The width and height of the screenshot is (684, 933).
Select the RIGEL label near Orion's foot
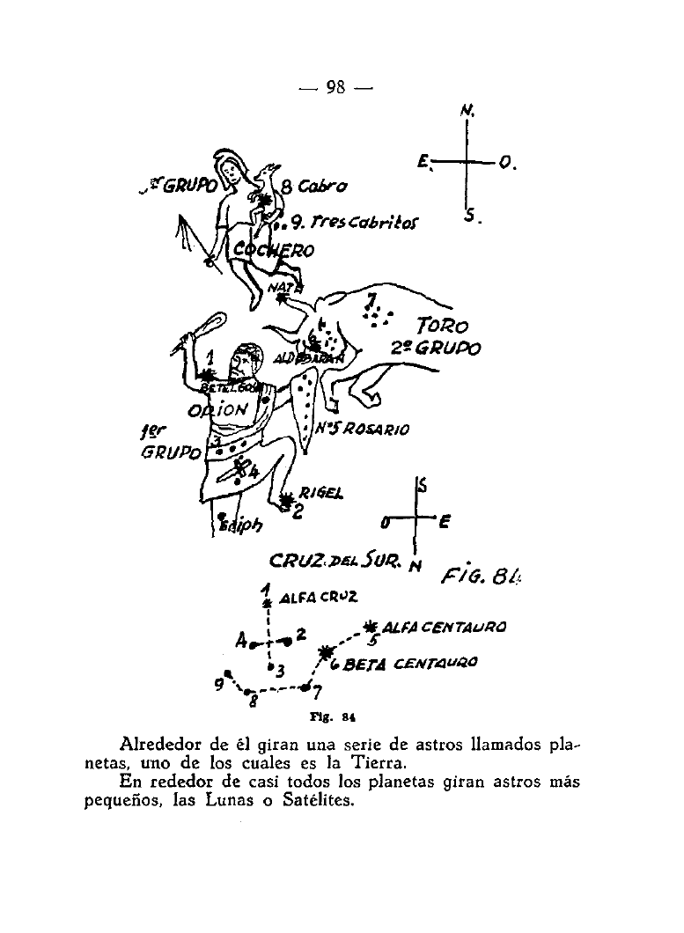click(319, 492)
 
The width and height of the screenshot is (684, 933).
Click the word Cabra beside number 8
click(323, 187)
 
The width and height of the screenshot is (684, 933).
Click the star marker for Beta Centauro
click(327, 653)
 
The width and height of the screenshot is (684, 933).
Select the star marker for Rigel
click(286, 501)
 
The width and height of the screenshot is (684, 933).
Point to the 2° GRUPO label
click(437, 349)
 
